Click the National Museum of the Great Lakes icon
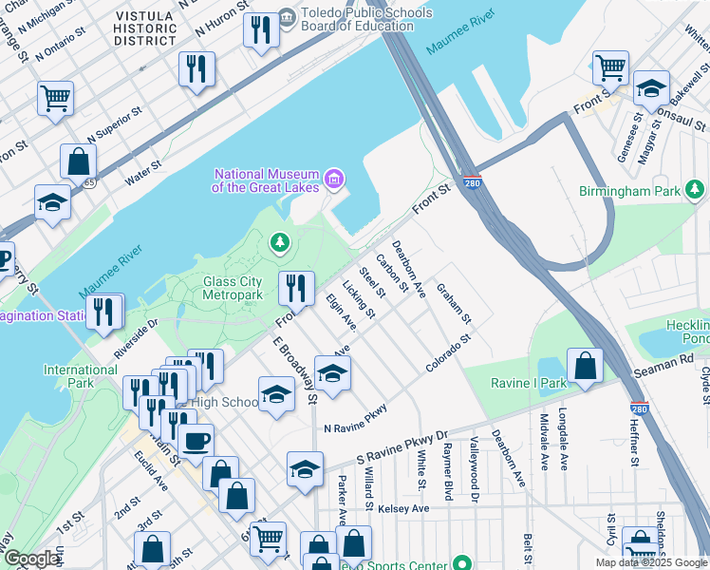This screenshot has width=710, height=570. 333,179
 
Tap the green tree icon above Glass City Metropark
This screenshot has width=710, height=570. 279,244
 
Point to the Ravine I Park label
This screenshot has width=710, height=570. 527,384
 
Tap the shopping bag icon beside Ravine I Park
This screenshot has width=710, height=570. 586,366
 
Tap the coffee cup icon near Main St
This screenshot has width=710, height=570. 196,441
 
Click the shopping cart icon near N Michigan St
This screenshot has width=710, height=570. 55,97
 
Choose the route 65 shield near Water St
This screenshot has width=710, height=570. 87,180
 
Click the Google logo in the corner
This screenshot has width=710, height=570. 31,559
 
